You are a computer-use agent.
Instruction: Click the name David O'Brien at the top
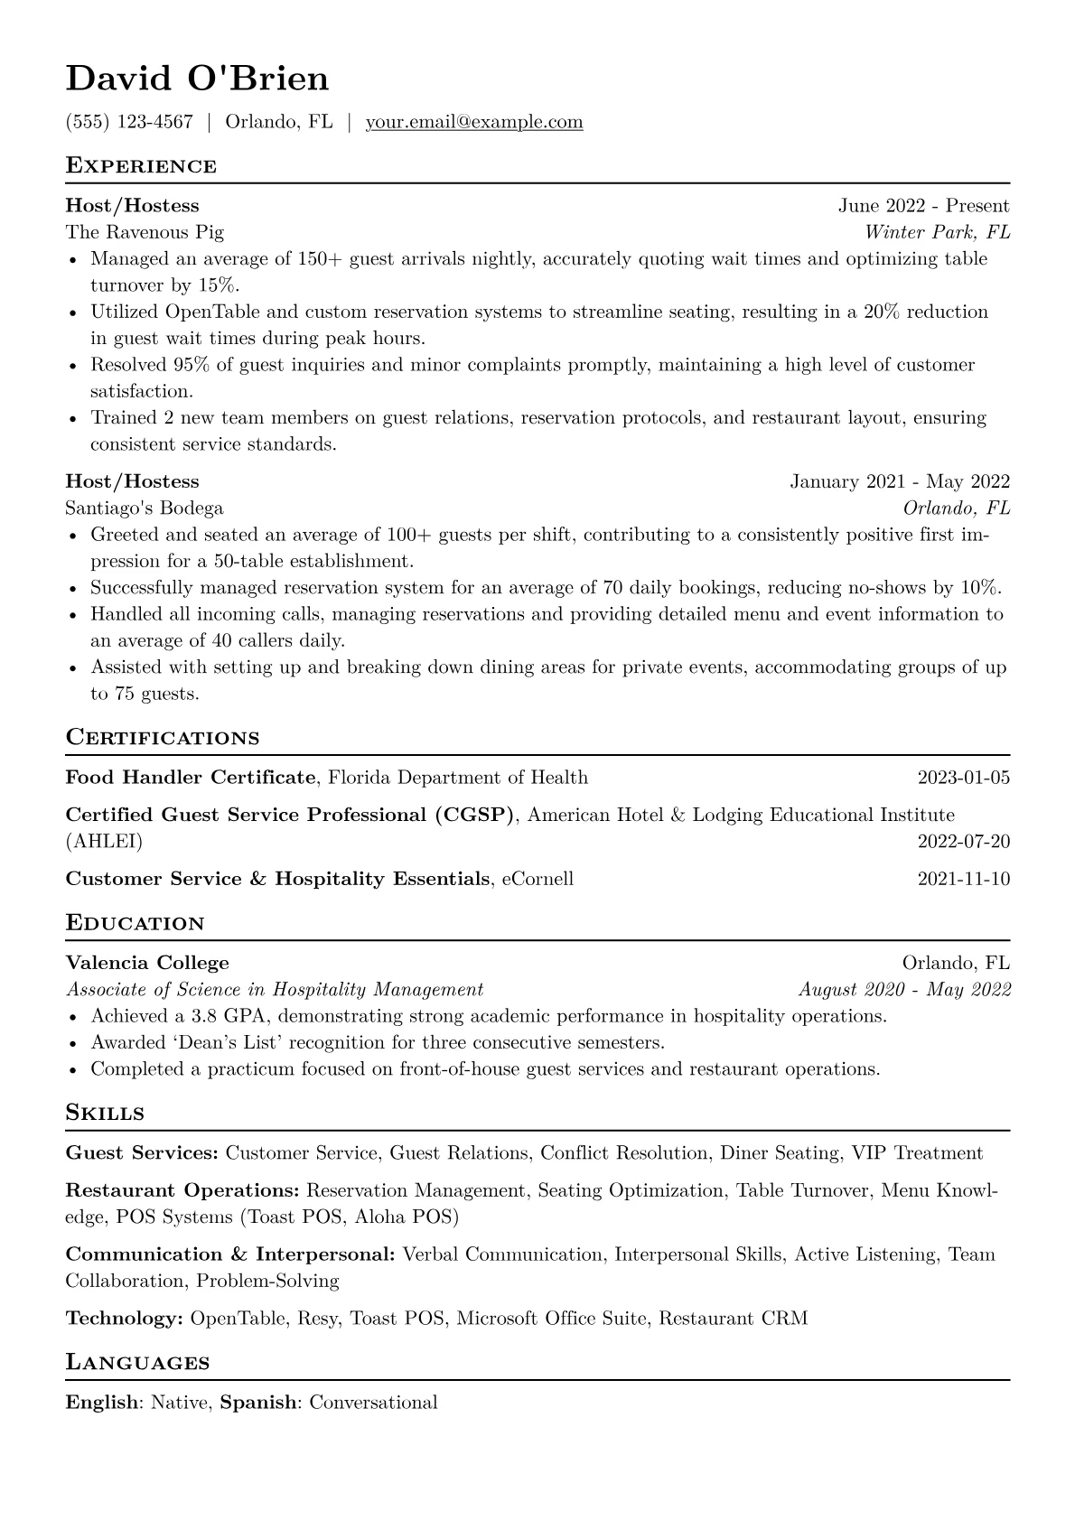point(197,79)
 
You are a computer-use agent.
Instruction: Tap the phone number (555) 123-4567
point(129,122)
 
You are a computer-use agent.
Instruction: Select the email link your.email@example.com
point(473,122)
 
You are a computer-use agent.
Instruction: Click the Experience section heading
point(141,166)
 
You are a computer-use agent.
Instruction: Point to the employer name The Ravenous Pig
point(145,232)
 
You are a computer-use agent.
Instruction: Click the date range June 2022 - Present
point(923,206)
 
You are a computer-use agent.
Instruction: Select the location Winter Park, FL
point(937,232)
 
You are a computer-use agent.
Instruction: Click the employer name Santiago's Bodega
point(145,508)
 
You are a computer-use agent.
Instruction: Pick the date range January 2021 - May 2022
point(900,481)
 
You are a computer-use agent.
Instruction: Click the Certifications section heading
point(163,738)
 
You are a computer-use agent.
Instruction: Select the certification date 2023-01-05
point(963,778)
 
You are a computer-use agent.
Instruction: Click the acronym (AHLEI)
point(104,842)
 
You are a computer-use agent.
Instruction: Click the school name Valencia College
point(147,963)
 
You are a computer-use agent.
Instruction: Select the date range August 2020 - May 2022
point(904,989)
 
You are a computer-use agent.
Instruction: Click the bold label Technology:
point(124,1319)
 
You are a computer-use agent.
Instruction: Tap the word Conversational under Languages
point(373,1403)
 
